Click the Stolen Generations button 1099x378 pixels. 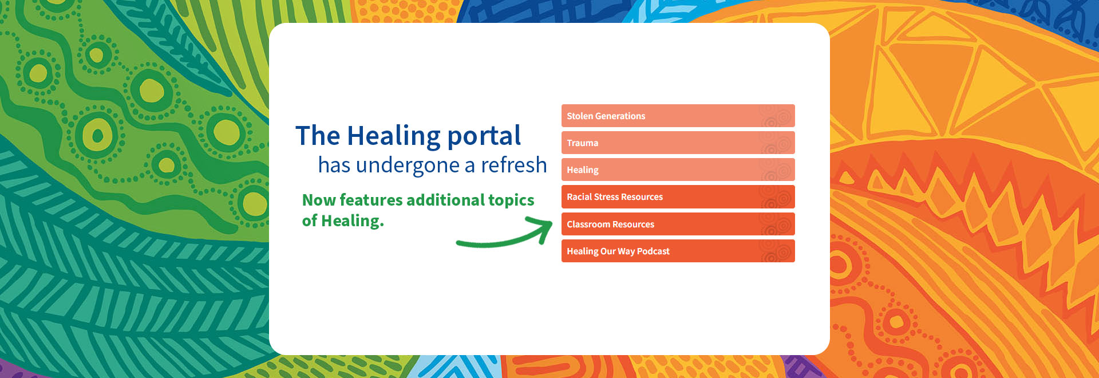tap(678, 116)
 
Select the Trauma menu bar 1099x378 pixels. tap(678, 143)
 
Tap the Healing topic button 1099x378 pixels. tap(678, 170)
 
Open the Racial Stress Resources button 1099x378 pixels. tap(678, 196)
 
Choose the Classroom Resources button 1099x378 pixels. tap(678, 224)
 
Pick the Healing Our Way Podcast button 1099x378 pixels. tap(678, 251)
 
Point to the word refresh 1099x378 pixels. tap(514, 165)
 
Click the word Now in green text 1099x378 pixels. tap(319, 200)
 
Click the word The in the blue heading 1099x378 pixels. tap(318, 136)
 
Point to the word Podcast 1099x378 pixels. tap(653, 251)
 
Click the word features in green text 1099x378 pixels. tap(371, 200)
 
